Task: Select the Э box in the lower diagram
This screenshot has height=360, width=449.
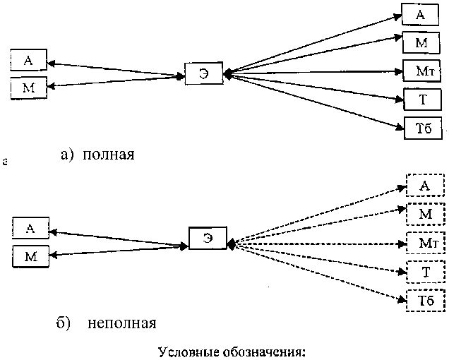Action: coord(208,237)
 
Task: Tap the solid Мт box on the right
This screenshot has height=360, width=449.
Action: coord(421,71)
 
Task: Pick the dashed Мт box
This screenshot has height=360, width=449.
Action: coord(424,243)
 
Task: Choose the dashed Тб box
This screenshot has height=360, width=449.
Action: coord(425,301)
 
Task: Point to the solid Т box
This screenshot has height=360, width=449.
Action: coord(421,100)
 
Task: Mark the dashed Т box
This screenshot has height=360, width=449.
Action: coord(425,272)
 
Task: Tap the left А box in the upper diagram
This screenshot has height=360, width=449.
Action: coord(28,61)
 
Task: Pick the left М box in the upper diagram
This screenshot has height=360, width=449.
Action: coord(28,88)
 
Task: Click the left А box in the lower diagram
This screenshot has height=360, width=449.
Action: coord(30,228)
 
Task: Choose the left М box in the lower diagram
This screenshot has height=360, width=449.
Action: coord(30,256)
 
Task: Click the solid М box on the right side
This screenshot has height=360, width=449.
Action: coord(421,43)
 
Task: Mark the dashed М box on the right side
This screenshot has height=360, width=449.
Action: coord(425,213)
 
